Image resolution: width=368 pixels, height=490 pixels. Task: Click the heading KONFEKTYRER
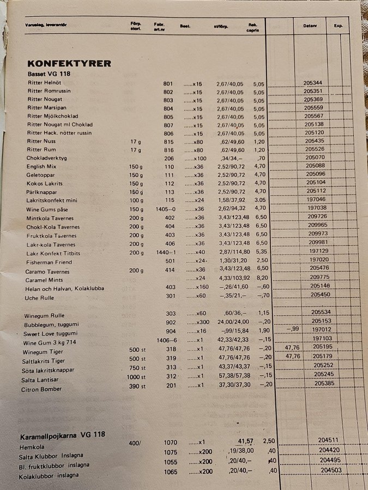(x=69, y=63)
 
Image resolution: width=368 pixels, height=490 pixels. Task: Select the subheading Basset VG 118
(x=49, y=73)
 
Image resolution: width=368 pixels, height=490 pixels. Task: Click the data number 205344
(x=313, y=83)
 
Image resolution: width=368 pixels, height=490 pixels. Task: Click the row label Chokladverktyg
(x=46, y=158)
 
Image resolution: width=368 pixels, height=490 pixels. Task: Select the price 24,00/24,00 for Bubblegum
(x=233, y=322)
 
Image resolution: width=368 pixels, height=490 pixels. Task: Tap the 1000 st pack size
(x=136, y=378)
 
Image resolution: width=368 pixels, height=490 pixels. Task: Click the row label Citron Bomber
(x=43, y=389)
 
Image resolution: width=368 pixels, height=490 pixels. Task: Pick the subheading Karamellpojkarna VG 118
(x=63, y=436)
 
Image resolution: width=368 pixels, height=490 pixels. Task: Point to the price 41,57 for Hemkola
(x=245, y=441)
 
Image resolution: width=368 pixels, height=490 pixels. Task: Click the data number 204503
(x=330, y=470)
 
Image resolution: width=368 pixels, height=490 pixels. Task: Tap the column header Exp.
(x=338, y=26)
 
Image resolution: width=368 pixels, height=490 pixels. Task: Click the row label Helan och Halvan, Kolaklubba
(x=64, y=289)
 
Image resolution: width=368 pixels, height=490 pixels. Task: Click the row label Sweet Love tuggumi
(x=51, y=333)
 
